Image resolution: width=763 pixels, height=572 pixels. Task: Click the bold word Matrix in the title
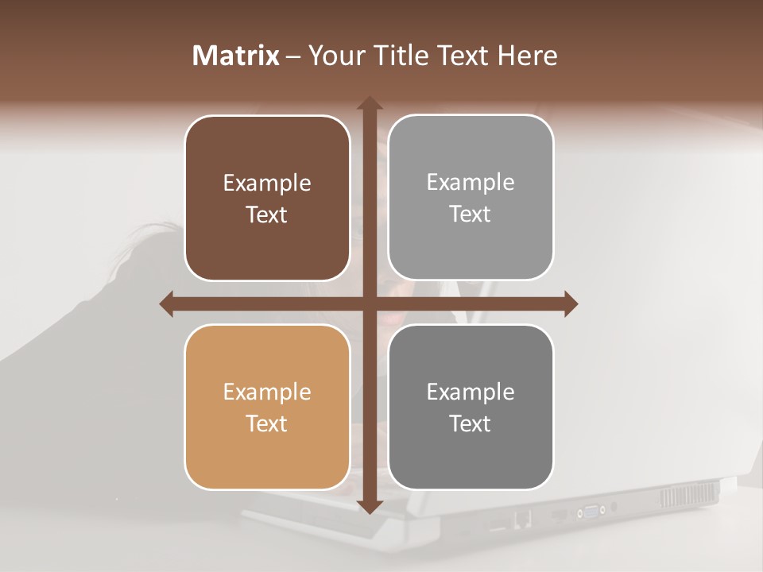coord(236,56)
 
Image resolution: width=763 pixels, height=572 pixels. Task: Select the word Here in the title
coord(527,56)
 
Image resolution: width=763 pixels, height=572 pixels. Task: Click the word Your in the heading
coord(335,56)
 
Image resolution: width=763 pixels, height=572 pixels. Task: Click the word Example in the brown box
coord(267,184)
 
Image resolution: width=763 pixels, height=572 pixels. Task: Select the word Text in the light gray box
coord(471,214)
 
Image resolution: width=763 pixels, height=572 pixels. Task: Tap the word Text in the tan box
coord(267,423)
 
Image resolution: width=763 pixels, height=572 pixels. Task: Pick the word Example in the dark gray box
coord(471,392)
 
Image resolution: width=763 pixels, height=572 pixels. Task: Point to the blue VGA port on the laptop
coord(592,511)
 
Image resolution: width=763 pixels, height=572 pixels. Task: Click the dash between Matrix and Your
coord(293,56)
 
